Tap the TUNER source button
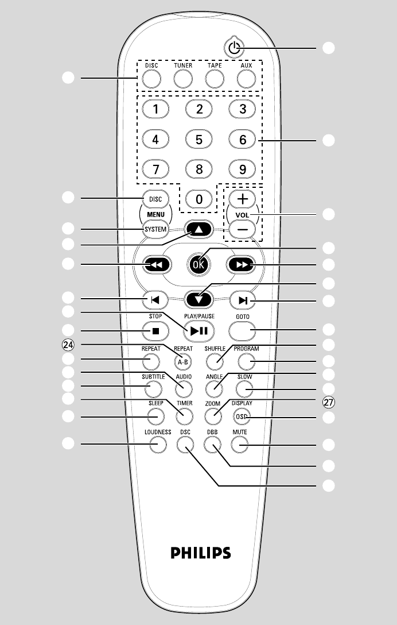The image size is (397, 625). (x=182, y=78)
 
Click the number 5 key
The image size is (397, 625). (x=199, y=138)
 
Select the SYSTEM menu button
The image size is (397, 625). (x=155, y=230)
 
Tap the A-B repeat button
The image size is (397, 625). (x=184, y=361)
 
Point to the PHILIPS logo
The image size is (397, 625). (x=201, y=553)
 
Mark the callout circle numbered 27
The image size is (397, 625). (x=328, y=403)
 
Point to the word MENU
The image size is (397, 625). (x=155, y=214)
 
